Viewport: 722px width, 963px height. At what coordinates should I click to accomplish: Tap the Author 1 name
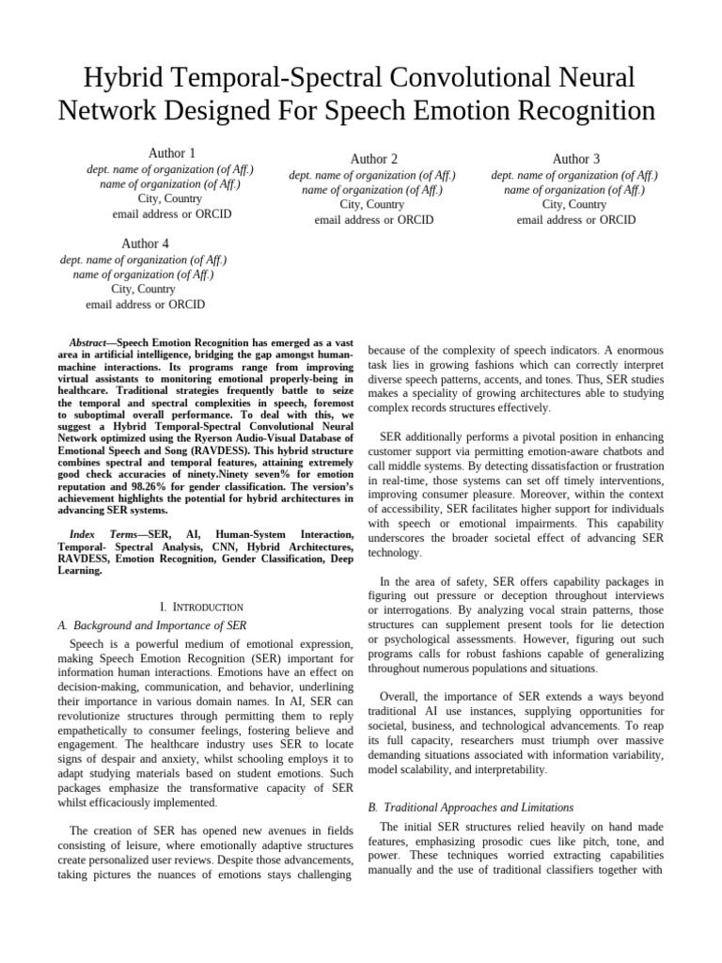tap(171, 153)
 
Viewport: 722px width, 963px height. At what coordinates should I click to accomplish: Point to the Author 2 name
tap(373, 159)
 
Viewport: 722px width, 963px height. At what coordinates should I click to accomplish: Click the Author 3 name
tap(575, 159)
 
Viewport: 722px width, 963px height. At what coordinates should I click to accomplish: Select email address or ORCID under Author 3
tap(575, 220)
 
